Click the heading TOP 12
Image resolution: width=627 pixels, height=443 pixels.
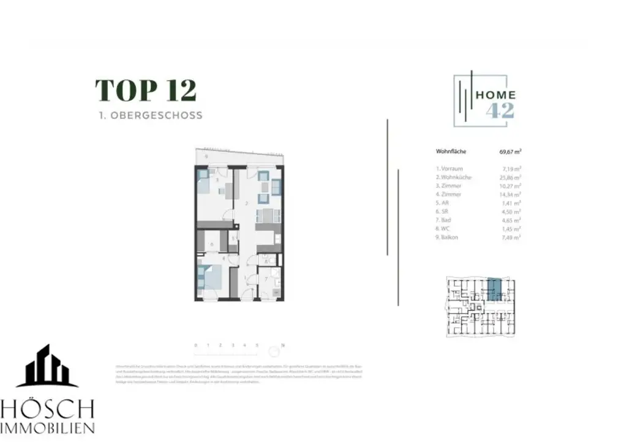146,91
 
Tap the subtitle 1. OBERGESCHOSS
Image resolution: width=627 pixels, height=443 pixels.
150,115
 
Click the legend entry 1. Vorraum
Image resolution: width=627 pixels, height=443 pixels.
449,168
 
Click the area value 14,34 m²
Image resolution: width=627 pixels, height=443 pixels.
510,194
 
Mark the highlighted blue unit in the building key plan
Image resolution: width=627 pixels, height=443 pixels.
494,288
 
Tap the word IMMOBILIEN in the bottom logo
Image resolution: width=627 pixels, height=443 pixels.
47,428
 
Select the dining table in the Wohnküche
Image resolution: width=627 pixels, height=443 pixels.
268,216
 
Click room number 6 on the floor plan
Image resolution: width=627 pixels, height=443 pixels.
211,244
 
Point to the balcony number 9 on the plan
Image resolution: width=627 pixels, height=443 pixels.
206,157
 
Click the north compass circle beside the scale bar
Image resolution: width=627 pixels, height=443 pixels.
274,352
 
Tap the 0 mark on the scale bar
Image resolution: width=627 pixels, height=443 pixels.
196,346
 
